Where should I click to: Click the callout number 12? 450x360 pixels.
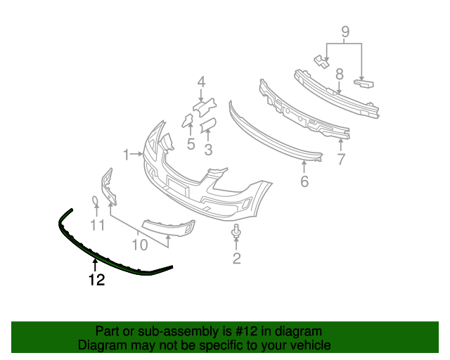pos(96,280)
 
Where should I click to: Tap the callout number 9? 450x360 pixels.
pos(345,32)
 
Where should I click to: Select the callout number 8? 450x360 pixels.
pos(339,73)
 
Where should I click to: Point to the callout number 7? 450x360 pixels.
pos(341,159)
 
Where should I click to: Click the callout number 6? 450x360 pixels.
pos(304,181)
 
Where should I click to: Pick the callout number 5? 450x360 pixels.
pos(191,145)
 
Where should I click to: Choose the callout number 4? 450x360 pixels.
pos(201,82)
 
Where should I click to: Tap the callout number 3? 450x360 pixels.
pos(208,149)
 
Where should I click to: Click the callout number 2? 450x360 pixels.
pos(236,259)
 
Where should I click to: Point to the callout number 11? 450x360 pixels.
pos(97,226)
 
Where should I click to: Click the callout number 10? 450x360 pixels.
pos(140,245)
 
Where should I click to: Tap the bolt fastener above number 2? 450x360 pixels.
pos(236,231)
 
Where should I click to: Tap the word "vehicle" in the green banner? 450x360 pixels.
pos(309,345)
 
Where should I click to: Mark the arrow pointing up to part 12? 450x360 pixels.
pos(95,266)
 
